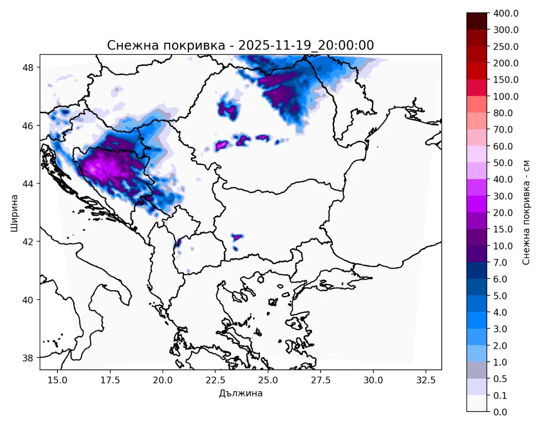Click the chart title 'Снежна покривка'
point(165,45)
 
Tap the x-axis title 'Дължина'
point(241,393)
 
